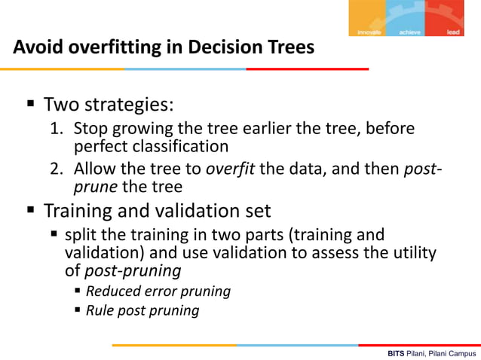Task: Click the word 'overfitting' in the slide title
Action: point(107,47)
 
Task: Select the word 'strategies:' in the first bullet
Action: point(132,103)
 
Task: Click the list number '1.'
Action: point(57,129)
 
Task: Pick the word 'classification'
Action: point(182,145)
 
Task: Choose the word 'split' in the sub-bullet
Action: point(82,235)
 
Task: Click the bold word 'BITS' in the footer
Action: point(397,352)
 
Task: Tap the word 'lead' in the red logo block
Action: point(453,32)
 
